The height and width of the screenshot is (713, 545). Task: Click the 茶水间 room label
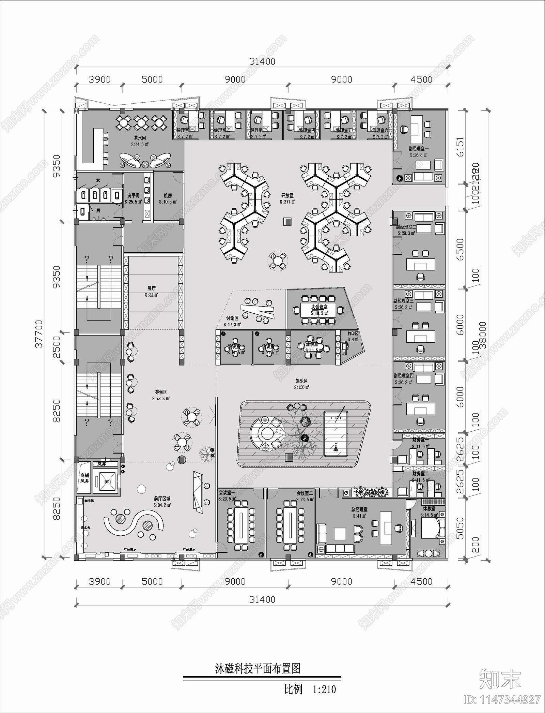tap(140, 138)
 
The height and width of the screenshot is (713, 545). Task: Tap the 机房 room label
tap(168, 196)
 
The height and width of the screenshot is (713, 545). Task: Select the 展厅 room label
tap(152, 288)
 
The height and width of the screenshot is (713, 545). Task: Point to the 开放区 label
tap(287, 196)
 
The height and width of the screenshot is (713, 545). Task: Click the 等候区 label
tap(161, 392)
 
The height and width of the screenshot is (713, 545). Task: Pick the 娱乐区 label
tap(301, 381)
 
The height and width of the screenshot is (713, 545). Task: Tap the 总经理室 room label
tap(359, 509)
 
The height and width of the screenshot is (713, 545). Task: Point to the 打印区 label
tap(353, 333)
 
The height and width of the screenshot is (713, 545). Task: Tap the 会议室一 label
tap(227, 493)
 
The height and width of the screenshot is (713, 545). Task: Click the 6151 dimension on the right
tap(460, 147)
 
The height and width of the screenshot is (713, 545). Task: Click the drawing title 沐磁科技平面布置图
tap(258, 668)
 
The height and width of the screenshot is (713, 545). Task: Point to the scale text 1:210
tap(324, 689)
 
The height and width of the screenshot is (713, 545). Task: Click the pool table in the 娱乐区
tap(336, 433)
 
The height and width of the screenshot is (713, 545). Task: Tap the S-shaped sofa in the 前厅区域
tap(134, 525)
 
